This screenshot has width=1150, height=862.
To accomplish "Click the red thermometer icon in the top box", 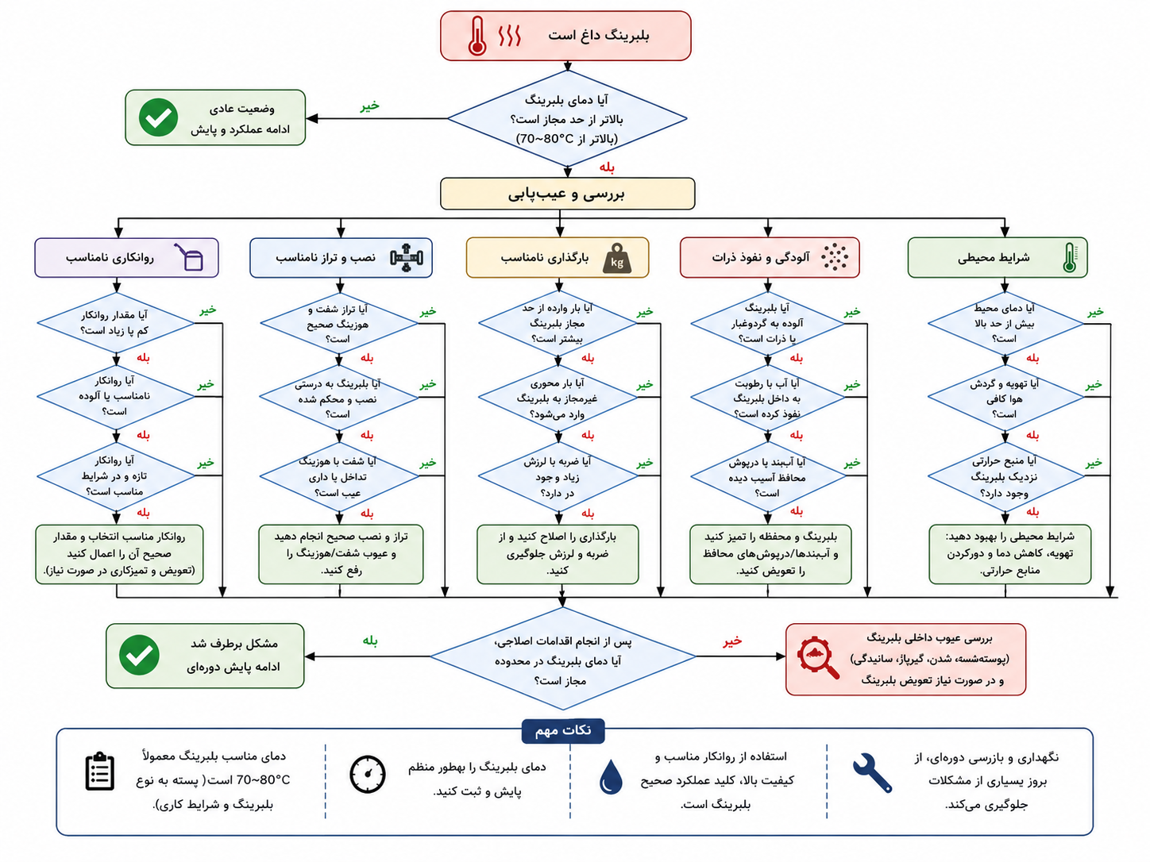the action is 477,36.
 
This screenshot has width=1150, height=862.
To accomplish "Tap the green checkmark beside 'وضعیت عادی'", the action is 158,117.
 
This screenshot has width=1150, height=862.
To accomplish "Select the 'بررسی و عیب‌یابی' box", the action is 567,194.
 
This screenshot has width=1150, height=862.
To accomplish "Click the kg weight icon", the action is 617,258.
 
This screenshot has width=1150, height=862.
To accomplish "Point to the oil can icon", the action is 189,256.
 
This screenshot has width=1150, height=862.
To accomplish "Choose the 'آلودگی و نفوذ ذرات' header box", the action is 770,257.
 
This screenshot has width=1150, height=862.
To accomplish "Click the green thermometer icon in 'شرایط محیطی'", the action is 1069,257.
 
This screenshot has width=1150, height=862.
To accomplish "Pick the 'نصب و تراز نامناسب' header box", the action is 341,257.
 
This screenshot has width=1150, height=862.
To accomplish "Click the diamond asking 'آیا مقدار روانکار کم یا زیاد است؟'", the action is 116,323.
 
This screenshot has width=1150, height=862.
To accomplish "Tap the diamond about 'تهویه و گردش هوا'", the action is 1005,397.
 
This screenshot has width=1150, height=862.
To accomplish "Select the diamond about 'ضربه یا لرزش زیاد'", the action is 558,476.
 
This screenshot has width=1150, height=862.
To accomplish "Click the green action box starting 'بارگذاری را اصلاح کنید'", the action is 558,554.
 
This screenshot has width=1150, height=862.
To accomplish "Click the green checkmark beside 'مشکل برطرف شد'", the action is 139,656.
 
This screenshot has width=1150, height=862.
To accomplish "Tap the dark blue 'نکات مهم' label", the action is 563,730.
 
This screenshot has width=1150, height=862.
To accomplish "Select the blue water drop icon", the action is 611,777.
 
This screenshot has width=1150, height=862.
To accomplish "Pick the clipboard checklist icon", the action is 99,771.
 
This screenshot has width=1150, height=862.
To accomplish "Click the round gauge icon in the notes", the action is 367,774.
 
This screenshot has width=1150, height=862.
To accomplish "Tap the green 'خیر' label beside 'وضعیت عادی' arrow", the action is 369,106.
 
